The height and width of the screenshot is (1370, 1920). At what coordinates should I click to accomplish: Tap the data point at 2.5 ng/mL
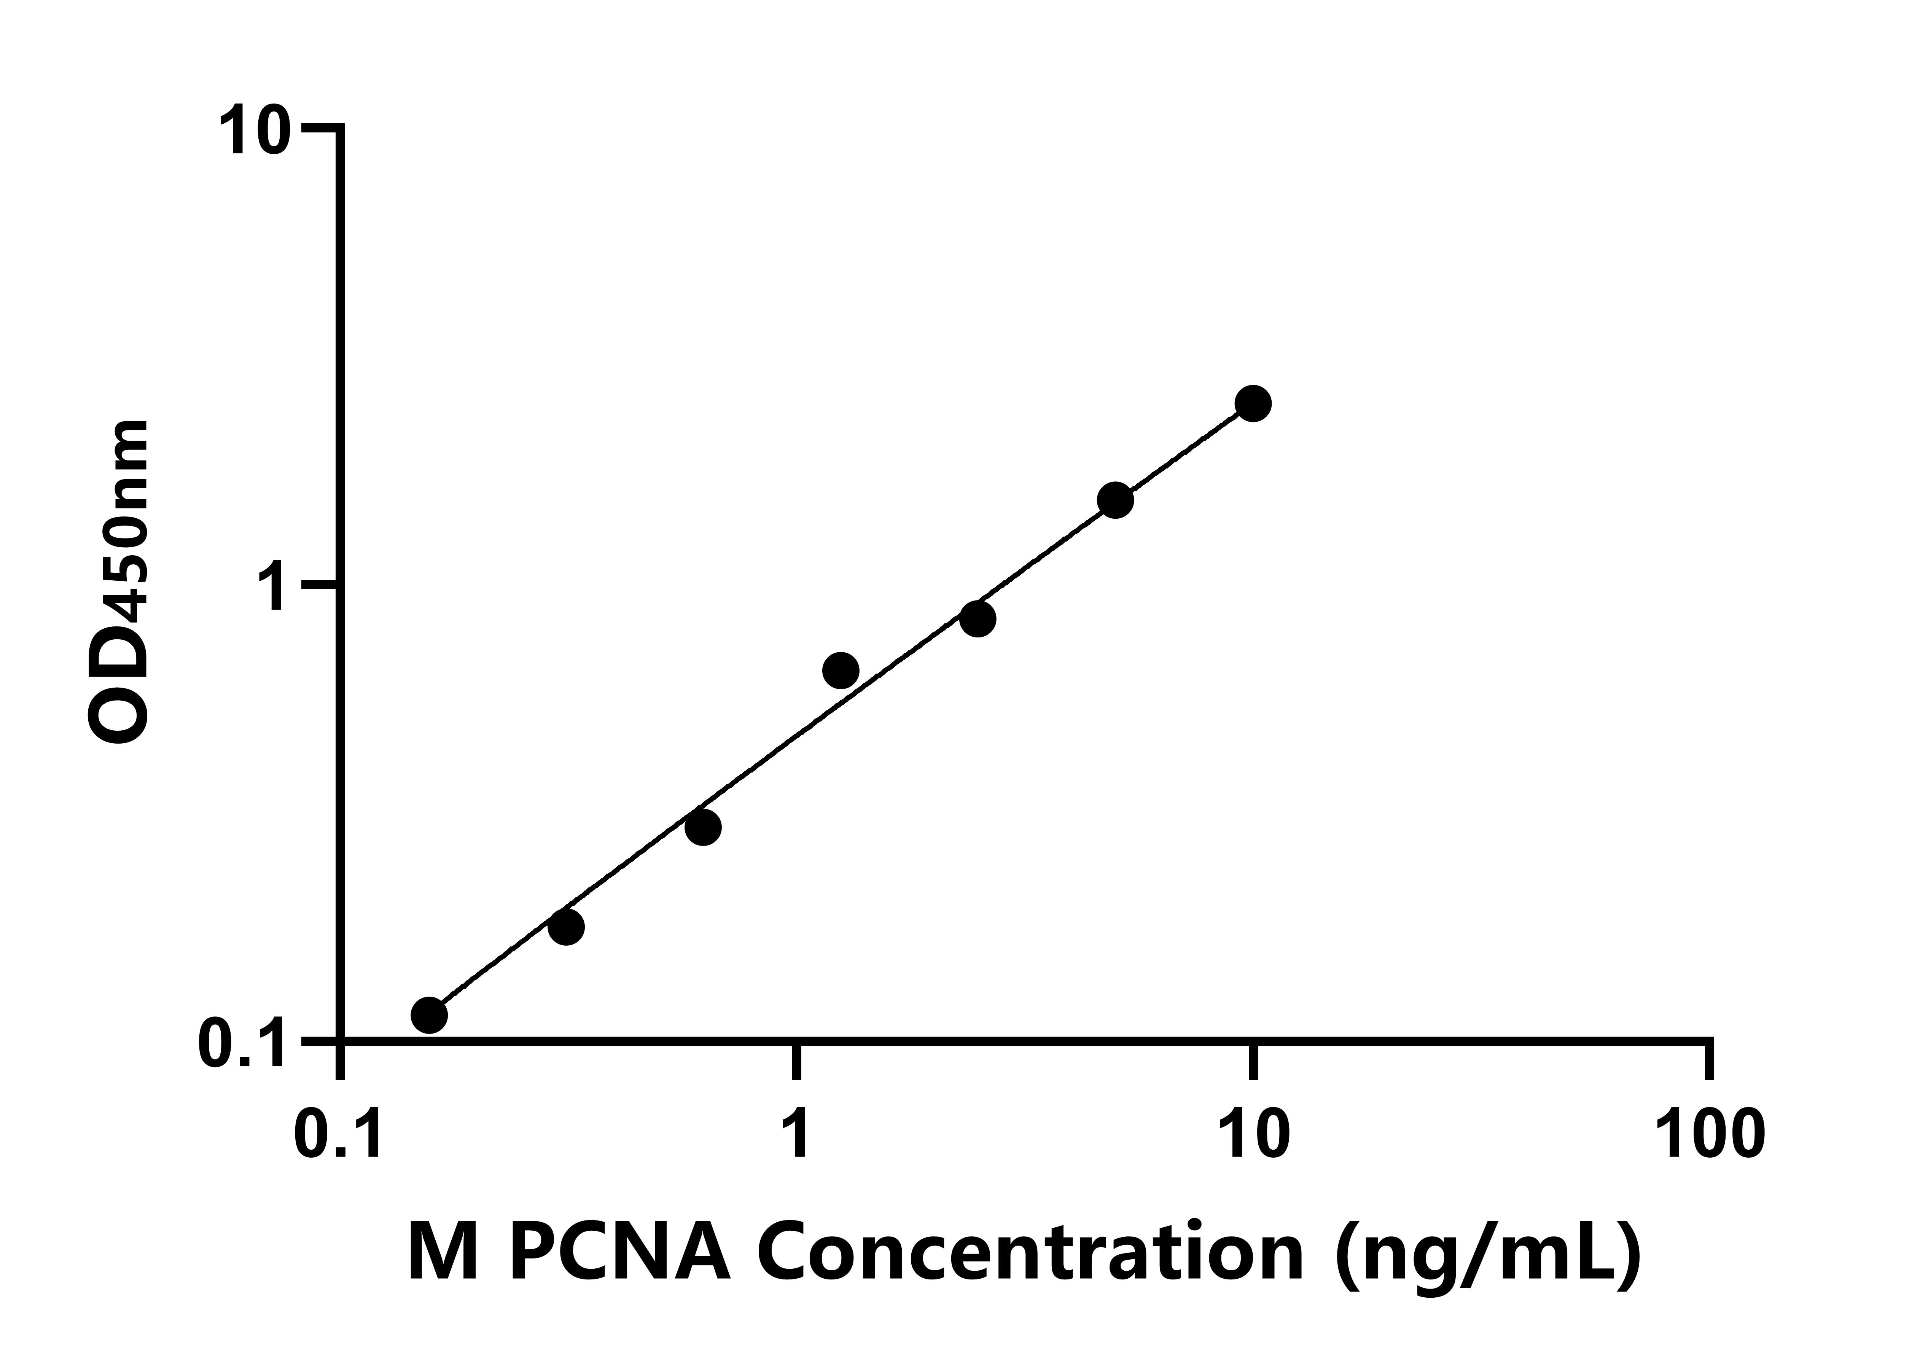(x=977, y=618)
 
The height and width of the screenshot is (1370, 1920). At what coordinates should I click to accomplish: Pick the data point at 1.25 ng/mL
(x=840, y=671)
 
